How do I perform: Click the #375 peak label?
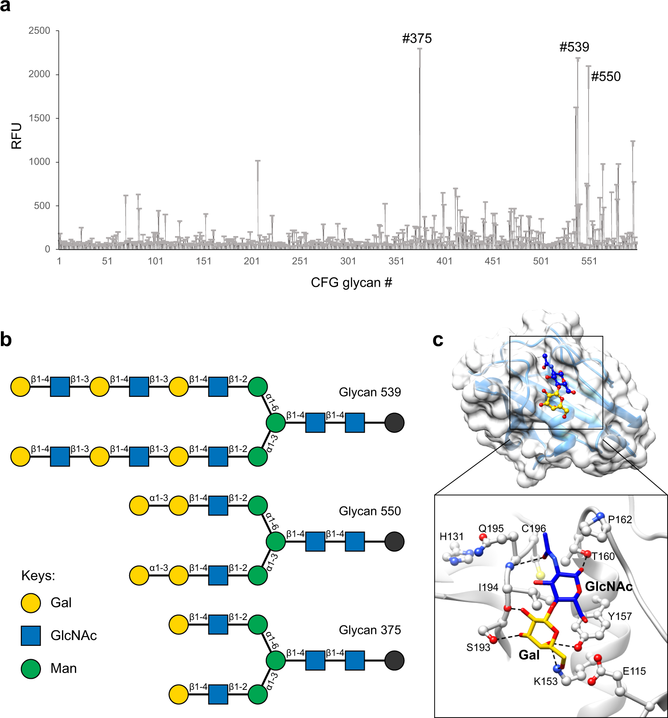coord(417,39)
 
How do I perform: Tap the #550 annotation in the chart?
coord(606,77)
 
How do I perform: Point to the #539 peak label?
coord(574,47)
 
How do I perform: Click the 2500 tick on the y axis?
coord(39,31)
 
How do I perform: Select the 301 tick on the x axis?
coord(348,261)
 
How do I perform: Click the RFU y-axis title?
coord(16,136)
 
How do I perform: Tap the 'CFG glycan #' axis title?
coord(351,283)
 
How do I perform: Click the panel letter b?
coord(6,339)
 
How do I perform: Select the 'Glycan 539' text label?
coord(370,392)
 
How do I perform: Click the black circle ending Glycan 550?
coord(394,542)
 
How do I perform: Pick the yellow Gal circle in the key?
coord(31,603)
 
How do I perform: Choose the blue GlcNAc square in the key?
coord(31,636)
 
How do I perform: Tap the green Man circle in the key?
coord(31,669)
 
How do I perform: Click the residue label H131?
coord(451,537)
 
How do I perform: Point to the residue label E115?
coord(634,671)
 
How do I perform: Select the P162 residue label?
coord(620,520)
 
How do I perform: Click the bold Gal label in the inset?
coord(529,655)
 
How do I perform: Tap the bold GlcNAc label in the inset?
coord(608,587)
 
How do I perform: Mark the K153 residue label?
coord(546,681)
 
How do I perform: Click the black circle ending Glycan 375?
coord(394,661)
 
